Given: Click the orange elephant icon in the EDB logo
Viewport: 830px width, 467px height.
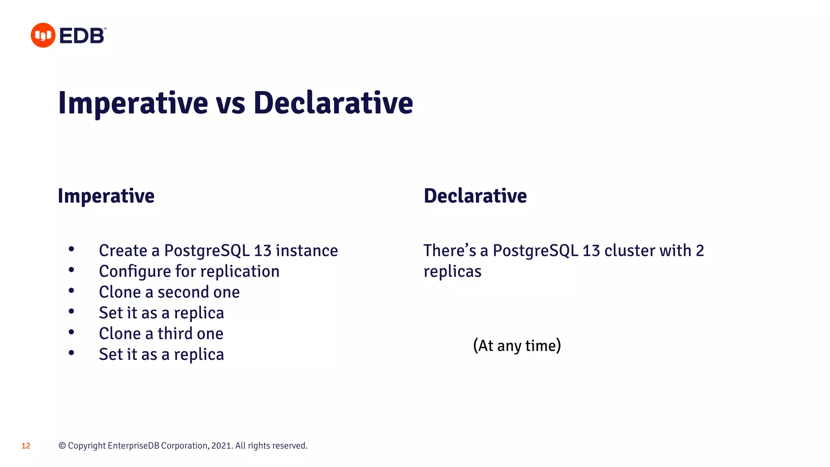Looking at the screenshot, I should point(43,35).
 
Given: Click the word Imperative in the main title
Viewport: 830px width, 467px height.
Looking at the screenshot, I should point(133,103).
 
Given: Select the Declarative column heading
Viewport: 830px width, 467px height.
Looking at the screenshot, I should point(475,196).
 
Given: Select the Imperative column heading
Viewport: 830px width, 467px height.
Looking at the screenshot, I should point(106,196).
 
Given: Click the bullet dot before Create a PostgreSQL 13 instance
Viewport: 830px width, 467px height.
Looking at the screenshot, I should point(71,249).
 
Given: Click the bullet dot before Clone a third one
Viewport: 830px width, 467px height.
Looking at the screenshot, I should point(71,332).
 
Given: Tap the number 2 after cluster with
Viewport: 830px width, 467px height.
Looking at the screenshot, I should point(700,251).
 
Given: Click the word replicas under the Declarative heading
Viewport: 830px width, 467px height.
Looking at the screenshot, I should point(452,271).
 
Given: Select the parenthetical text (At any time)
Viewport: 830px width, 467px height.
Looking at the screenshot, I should point(517,345).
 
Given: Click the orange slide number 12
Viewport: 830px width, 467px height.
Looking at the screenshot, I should point(26,446).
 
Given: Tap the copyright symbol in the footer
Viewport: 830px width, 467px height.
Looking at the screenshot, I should point(62,446).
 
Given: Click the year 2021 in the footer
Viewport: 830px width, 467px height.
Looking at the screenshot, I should point(221,446).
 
